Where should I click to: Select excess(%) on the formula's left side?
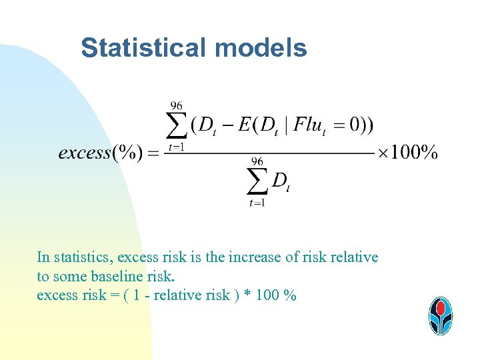[x=100, y=153]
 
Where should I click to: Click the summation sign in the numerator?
[x=176, y=125]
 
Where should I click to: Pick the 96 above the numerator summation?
[x=177, y=105]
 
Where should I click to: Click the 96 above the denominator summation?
[x=258, y=161]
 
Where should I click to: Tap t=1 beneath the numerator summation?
[x=176, y=147]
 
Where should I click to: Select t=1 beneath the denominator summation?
[x=257, y=203]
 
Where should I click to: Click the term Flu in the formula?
[x=308, y=125]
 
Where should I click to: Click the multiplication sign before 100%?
[x=383, y=153]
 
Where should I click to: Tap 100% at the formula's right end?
[x=414, y=153]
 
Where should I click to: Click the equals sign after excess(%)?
[x=153, y=153]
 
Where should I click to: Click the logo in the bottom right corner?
[x=440, y=315]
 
